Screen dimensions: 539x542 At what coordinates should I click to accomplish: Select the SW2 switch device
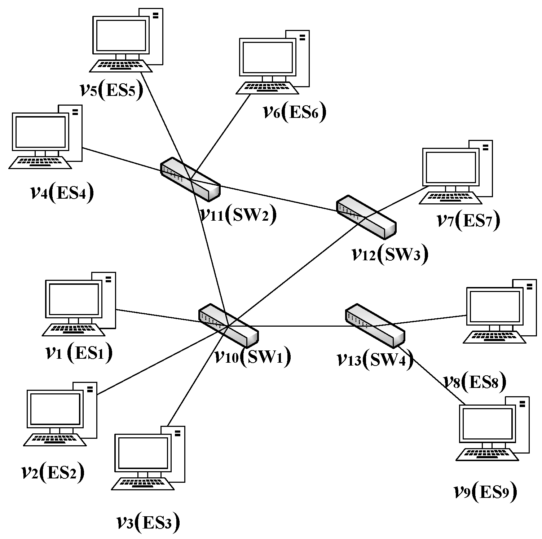tap(190, 179)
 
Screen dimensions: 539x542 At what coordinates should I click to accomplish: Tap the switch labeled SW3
tap(366, 217)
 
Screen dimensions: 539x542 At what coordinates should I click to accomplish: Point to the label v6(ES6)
tap(294, 112)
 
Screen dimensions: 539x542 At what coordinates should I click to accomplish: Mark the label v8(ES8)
tap(475, 381)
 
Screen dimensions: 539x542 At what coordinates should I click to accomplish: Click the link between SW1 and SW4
tap(301, 326)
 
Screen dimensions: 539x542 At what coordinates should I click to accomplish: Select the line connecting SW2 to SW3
tap(278, 198)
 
